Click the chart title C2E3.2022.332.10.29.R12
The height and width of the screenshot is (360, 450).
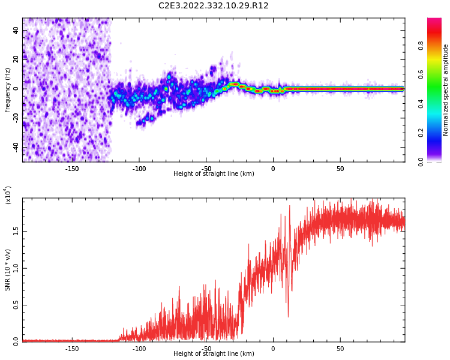click(213, 6)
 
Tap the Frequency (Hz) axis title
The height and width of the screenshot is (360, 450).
click(8, 90)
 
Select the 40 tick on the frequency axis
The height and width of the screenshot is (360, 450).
click(16, 30)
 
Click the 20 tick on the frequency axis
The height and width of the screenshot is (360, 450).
click(16, 59)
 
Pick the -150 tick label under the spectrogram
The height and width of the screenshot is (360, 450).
click(72, 169)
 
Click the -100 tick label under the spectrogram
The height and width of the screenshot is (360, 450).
click(139, 169)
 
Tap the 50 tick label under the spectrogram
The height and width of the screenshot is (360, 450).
click(340, 169)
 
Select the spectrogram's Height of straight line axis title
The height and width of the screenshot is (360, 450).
click(214, 174)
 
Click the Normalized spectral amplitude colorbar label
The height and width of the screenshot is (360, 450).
click(446, 90)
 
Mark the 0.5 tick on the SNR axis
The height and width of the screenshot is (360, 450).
click(16, 305)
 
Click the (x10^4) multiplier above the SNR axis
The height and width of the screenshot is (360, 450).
click(8, 196)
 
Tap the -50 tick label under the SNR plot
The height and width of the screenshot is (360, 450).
click(206, 349)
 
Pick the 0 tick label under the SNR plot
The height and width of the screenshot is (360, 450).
click(273, 349)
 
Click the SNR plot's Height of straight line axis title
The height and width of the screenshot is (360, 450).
click(214, 354)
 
